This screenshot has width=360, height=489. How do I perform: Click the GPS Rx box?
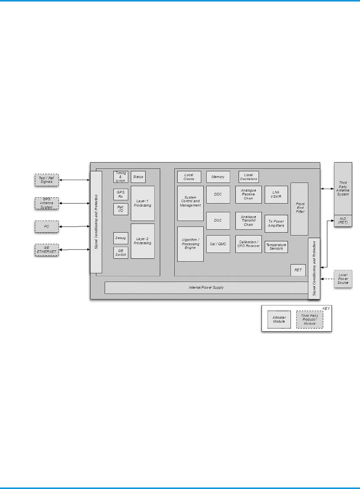(x=121, y=195)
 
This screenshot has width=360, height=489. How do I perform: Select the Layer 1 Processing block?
(x=142, y=203)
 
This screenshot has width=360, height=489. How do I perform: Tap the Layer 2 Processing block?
(x=142, y=241)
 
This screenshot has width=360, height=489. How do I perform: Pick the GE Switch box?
(x=121, y=253)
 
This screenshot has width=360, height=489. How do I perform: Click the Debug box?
(x=121, y=238)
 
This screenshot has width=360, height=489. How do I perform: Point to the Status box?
(x=138, y=177)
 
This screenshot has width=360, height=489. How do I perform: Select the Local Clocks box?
(x=189, y=177)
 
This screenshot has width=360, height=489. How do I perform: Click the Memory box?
(x=218, y=177)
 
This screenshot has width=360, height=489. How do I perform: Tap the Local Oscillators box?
(x=249, y=177)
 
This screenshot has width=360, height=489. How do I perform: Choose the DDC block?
(x=218, y=194)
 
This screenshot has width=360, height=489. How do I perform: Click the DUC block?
(x=218, y=220)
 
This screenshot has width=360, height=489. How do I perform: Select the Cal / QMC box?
(x=218, y=244)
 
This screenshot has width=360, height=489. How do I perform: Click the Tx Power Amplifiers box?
(x=276, y=223)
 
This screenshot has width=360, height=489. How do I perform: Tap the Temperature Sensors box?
(x=276, y=247)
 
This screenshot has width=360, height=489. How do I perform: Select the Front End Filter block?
(x=299, y=209)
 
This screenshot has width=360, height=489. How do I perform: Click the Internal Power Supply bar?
(x=206, y=287)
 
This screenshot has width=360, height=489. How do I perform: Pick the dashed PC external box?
(x=46, y=226)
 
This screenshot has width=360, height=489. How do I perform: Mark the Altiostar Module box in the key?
(x=279, y=320)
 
